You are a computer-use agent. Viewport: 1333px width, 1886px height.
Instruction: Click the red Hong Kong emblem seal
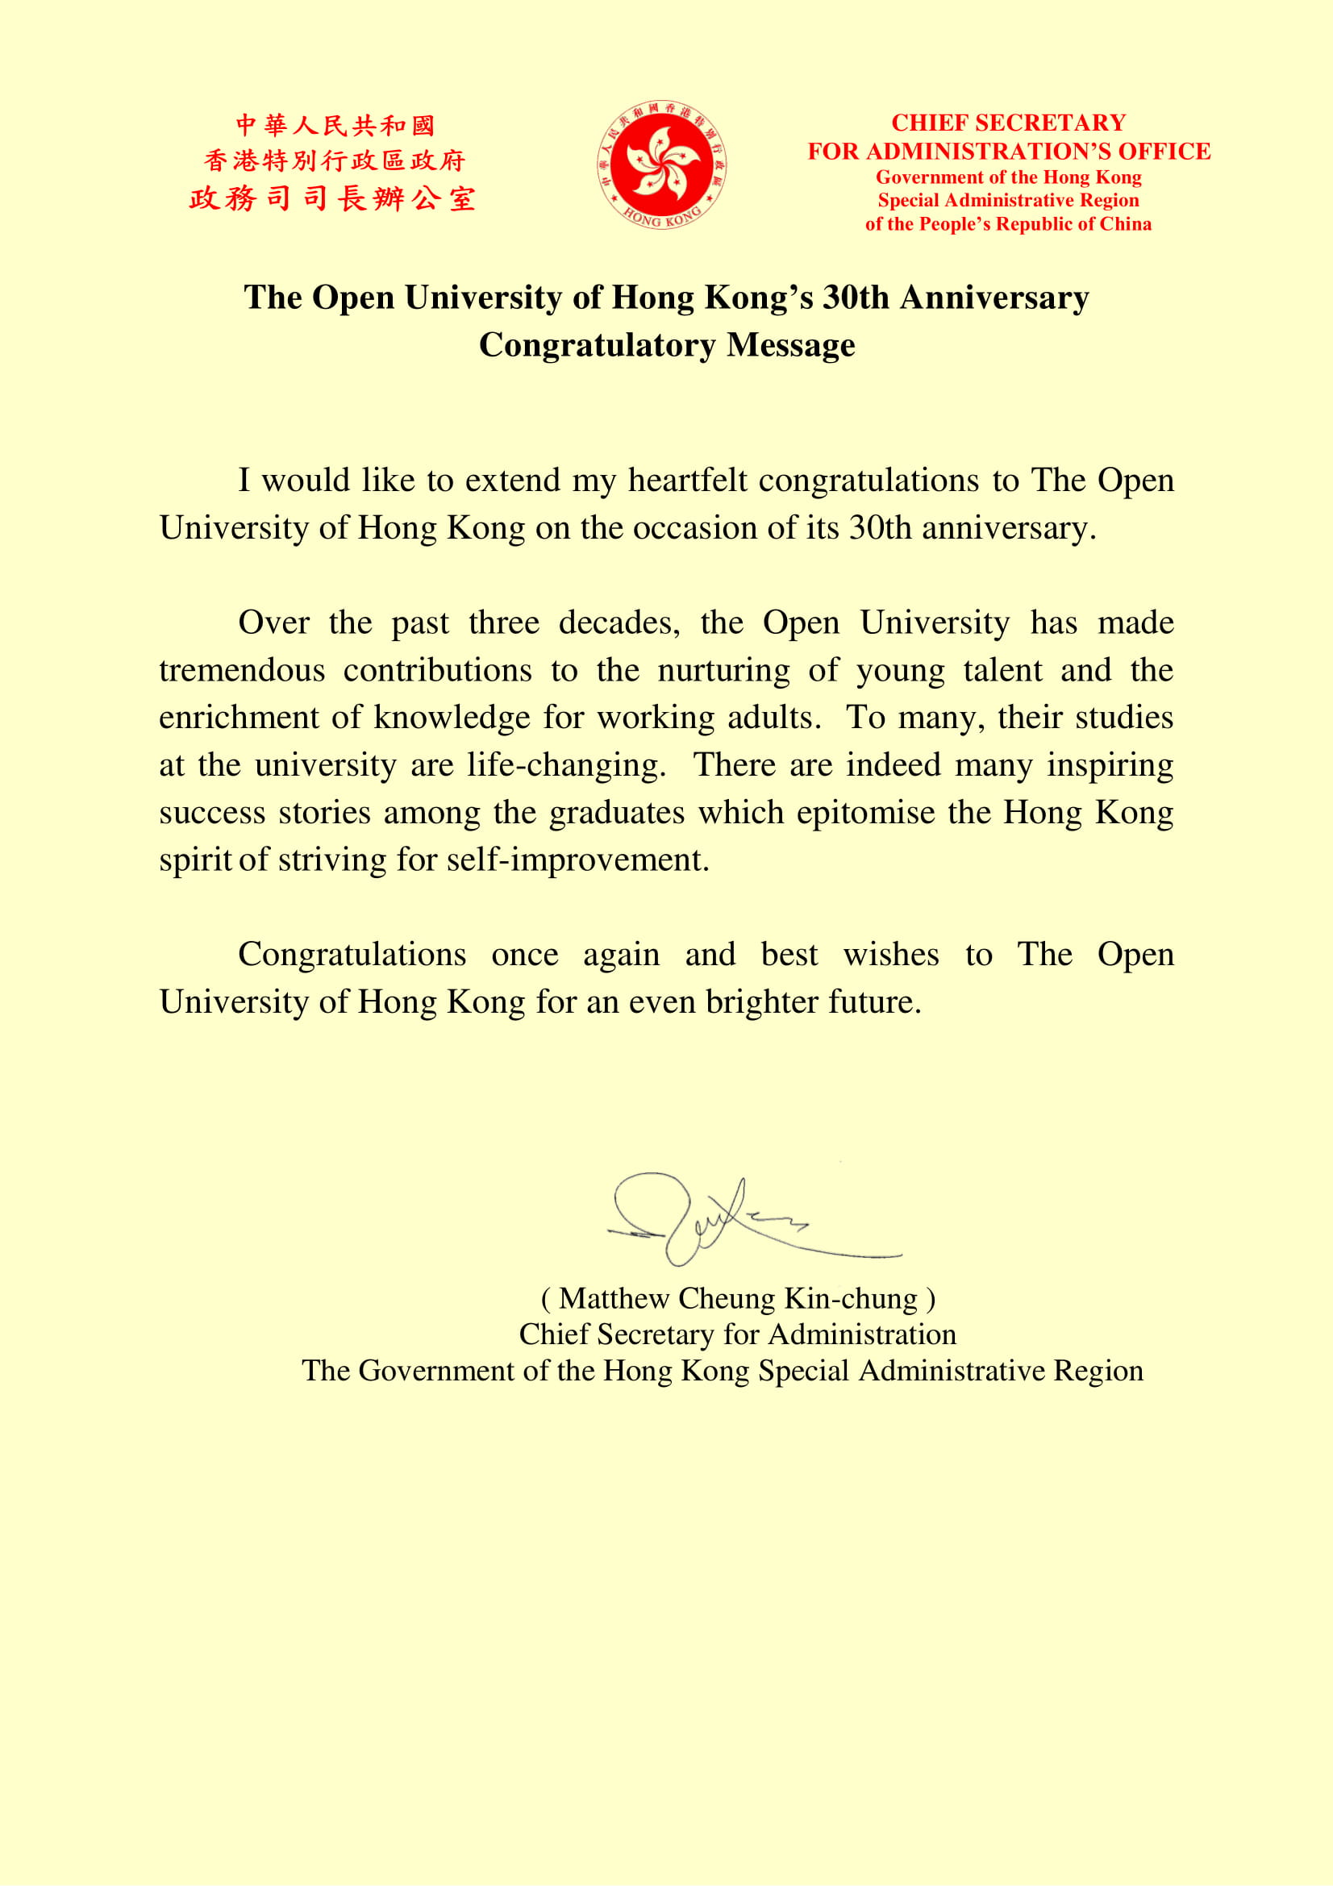click(661, 164)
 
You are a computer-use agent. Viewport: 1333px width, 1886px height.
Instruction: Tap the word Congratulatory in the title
click(597, 345)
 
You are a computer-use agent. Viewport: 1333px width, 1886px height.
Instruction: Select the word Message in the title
click(790, 345)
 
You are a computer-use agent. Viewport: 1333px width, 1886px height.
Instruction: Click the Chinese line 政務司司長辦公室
click(332, 199)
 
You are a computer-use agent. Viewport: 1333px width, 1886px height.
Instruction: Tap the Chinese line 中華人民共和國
click(335, 126)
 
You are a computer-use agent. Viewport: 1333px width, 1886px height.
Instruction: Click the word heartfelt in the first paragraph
click(687, 481)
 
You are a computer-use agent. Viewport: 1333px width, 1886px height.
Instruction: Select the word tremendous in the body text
click(242, 670)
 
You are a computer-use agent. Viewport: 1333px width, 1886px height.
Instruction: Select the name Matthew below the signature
click(614, 1299)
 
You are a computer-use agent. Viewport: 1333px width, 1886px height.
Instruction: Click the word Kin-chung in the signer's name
click(850, 1299)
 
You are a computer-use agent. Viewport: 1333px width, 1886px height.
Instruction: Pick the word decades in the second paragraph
click(619, 622)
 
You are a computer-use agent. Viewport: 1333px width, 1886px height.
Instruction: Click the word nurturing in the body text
click(723, 671)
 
